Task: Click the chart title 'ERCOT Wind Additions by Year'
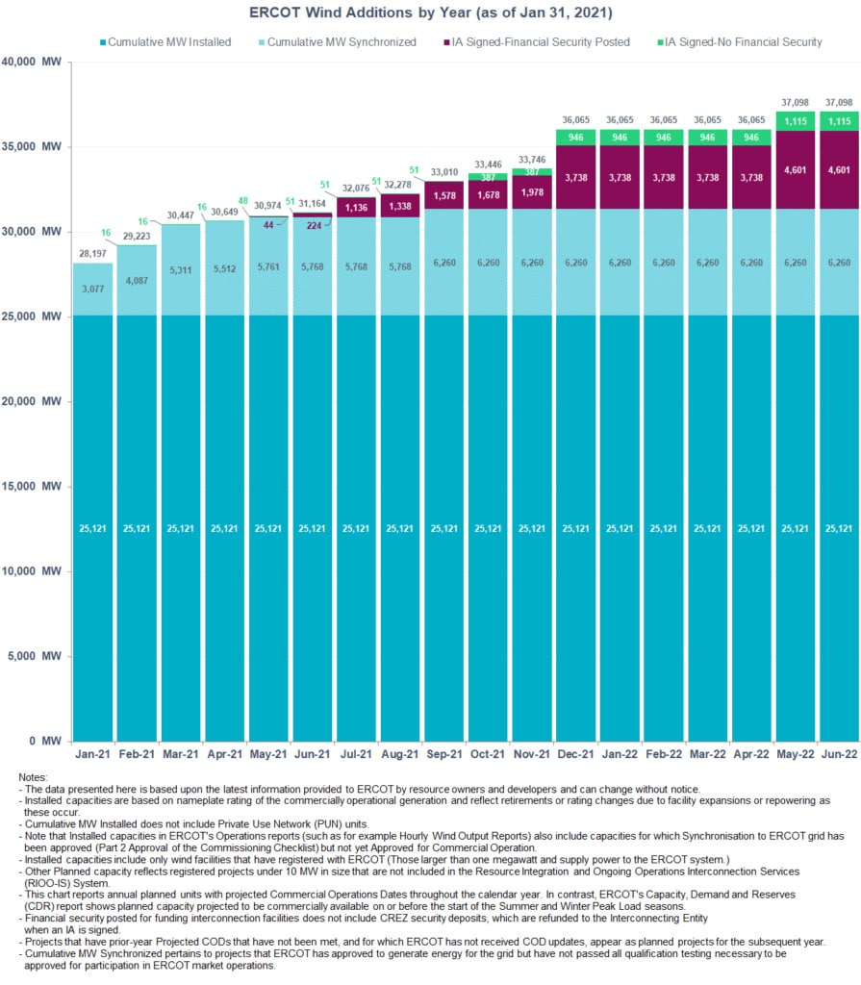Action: click(430, 13)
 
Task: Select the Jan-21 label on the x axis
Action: click(93, 756)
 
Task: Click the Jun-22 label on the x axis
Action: click(839, 756)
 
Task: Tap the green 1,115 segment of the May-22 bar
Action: click(795, 121)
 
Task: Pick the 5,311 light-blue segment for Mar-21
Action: click(181, 270)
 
